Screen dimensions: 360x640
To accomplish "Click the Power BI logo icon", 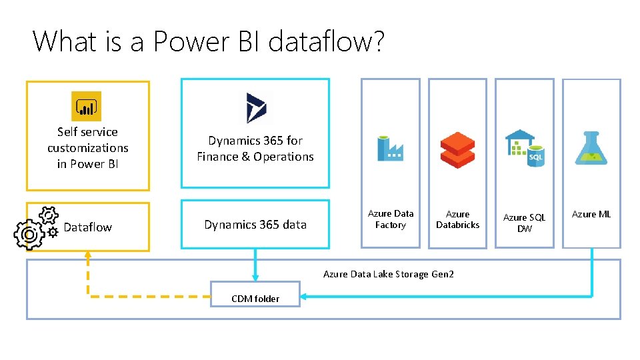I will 87,106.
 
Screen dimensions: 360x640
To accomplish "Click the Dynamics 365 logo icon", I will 255,107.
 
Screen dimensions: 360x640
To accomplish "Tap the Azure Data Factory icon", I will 390,148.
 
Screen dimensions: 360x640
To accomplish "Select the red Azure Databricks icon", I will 457,149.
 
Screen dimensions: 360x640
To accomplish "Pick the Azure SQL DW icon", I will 525,149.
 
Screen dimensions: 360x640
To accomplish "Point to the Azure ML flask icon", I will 591,148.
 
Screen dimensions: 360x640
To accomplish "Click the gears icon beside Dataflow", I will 37,226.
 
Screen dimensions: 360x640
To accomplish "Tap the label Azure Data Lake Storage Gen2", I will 388,274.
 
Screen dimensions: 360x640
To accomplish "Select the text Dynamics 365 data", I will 255,225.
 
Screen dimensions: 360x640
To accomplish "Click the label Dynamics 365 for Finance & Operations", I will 255,149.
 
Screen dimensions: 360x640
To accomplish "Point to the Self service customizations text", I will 87,148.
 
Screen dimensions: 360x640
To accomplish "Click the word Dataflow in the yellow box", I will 87,227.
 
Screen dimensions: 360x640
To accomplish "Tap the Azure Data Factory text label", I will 391,219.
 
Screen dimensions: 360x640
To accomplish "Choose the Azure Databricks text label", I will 457,219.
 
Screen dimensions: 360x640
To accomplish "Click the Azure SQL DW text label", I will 524,223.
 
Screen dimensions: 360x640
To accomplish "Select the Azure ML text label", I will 591,214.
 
